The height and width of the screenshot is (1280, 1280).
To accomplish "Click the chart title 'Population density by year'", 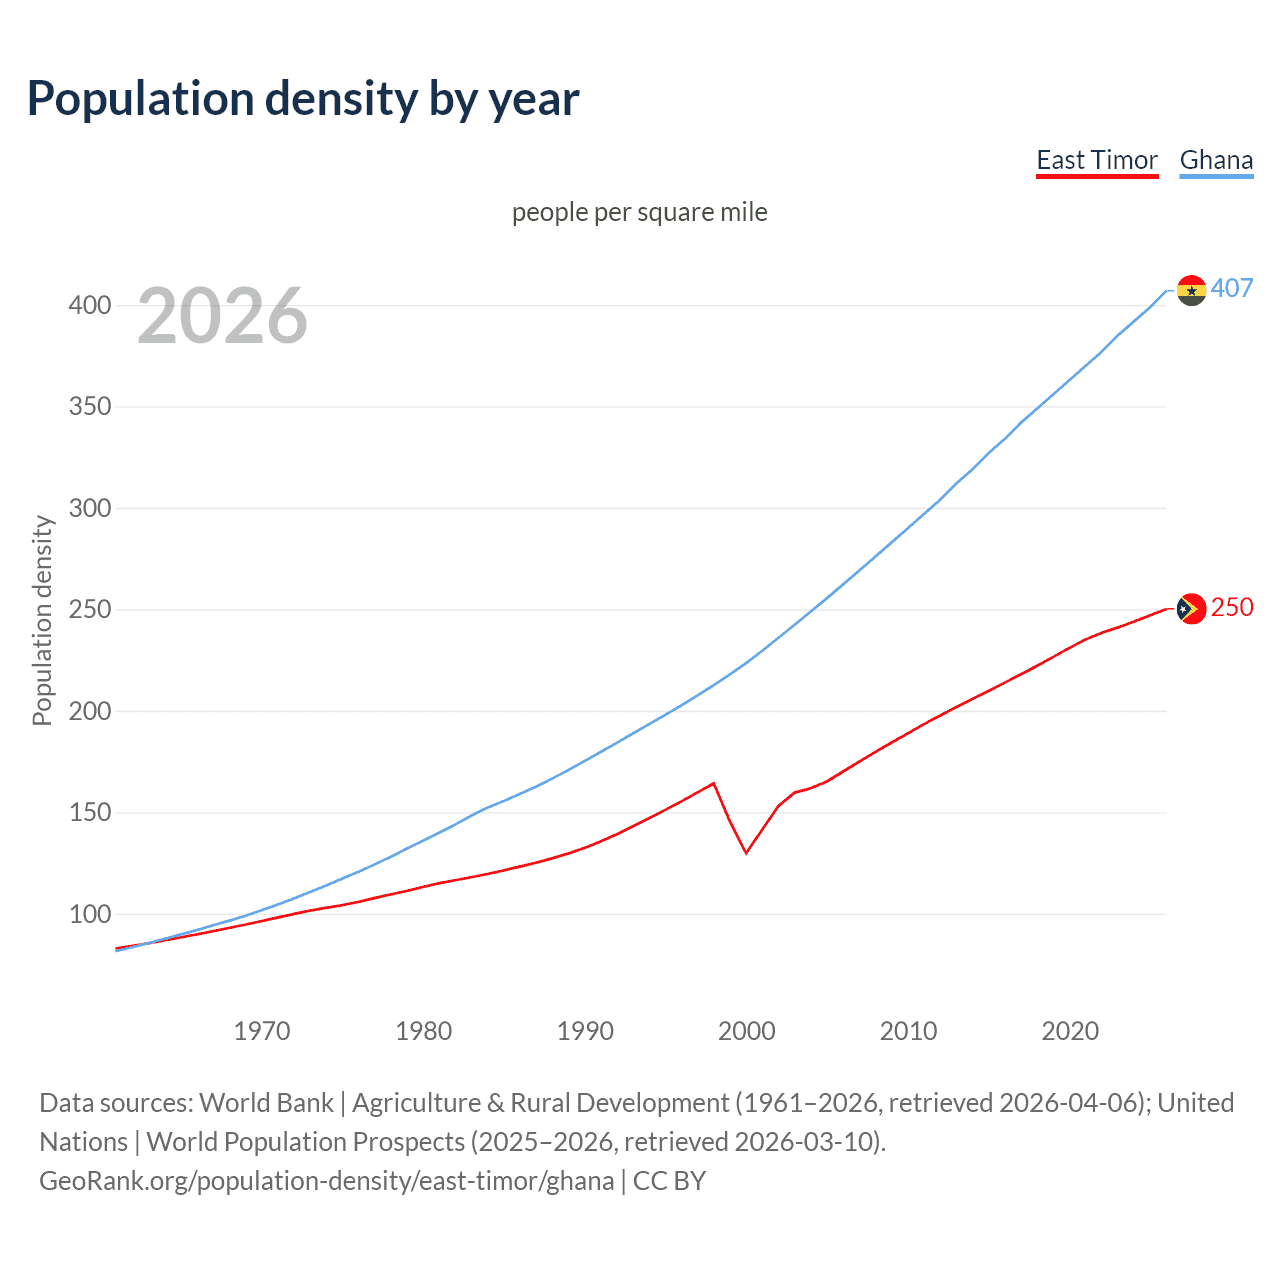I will tap(303, 99).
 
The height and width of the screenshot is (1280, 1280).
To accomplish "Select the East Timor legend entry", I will tap(1096, 160).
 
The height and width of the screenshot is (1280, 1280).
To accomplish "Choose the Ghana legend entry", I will tap(1216, 160).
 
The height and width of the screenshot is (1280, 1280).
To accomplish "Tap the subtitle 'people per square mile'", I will tap(639, 212).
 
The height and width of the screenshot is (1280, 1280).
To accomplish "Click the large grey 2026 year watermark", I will tap(222, 316).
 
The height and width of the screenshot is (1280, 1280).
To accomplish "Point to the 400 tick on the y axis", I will tap(89, 305).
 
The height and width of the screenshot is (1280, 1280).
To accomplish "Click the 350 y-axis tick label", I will tap(89, 407).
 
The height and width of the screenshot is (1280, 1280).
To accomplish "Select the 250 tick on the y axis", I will tap(89, 609).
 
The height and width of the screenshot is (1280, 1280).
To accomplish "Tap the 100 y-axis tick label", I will tap(89, 914).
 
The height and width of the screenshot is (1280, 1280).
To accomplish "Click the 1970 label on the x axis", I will tap(262, 1030).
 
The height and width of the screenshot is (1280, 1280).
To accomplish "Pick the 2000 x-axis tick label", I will tap(746, 1030).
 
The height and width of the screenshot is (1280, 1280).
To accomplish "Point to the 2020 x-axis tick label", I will tap(1070, 1030).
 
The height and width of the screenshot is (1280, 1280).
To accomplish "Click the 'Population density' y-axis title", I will tap(42, 620).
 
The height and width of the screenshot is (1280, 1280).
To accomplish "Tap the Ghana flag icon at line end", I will tap(1191, 290).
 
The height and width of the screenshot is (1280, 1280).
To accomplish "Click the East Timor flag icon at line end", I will tap(1191, 608).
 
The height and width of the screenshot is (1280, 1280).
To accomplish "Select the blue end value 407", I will tap(1232, 288).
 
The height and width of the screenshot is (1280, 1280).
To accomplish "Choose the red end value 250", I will tap(1232, 607).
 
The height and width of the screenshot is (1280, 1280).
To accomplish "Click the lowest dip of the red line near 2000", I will tap(746, 853).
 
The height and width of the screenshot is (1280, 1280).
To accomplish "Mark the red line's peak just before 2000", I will tap(713, 783).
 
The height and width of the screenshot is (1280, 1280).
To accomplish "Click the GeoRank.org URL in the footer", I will tap(326, 1181).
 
